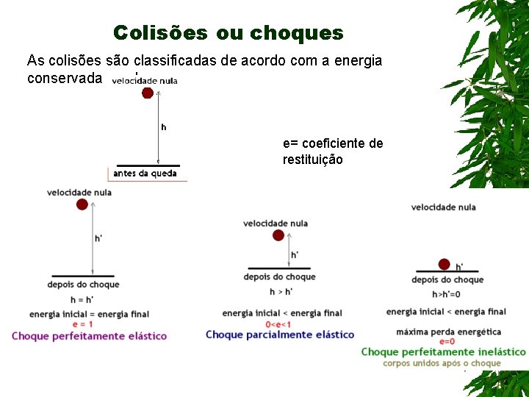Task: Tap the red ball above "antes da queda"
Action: pos(148,93)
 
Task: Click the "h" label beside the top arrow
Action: pos(163,127)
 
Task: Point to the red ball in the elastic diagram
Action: pos(82,204)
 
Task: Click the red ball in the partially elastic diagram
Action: pos(278,235)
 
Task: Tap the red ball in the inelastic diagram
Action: pos(444,264)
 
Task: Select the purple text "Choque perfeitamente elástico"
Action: pos(89,336)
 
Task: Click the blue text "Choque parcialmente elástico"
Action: pos(280,335)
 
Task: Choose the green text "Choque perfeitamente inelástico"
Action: pos(443,352)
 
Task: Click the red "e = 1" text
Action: pos(82,323)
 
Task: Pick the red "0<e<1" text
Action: pos(278,324)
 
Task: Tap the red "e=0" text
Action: pos(447,342)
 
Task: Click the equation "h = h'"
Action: pos(82,299)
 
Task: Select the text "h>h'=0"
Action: pos(447,294)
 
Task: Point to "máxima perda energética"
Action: pos(448,332)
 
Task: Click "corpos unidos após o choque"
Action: pos(442,363)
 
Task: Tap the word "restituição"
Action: pos(312,160)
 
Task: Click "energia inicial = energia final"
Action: pos(89,314)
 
